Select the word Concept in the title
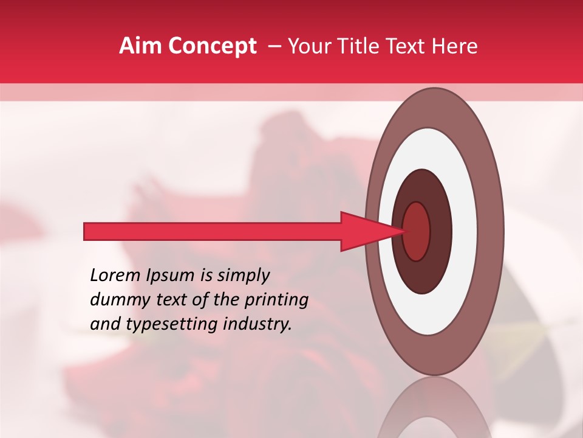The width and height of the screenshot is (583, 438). [x=213, y=46]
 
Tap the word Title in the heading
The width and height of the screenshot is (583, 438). [x=360, y=46]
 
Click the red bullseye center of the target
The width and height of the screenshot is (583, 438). [x=417, y=231]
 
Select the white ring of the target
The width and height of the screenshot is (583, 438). [x=465, y=231]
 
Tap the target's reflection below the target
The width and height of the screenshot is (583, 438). [x=435, y=411]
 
